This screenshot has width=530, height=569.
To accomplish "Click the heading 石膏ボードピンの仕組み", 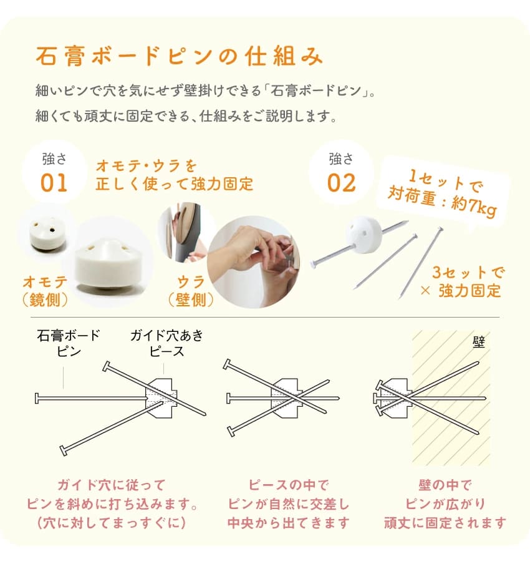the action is point(179,56).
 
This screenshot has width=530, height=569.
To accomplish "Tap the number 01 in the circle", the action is point(54,183).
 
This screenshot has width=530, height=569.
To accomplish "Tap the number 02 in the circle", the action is point(341,183).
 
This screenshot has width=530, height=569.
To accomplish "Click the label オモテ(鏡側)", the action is point(46,291).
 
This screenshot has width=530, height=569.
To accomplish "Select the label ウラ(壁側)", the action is point(191,291).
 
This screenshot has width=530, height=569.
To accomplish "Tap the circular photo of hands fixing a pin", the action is point(254,262).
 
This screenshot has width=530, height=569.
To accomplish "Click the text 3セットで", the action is point(468,273).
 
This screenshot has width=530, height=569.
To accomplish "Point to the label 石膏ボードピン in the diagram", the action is point(69,343).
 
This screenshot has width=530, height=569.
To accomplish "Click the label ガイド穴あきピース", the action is point(167,343).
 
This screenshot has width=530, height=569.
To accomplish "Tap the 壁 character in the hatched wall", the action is point(479,342).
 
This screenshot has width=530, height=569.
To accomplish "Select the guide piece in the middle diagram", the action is point(287,398).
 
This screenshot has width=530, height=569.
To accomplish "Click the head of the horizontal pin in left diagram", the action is point(37,398).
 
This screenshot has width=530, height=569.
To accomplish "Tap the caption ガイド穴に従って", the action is point(112,485).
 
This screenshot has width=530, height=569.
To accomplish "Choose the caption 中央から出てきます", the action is point(289,523).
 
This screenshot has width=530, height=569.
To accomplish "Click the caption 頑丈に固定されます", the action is point(445,523).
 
